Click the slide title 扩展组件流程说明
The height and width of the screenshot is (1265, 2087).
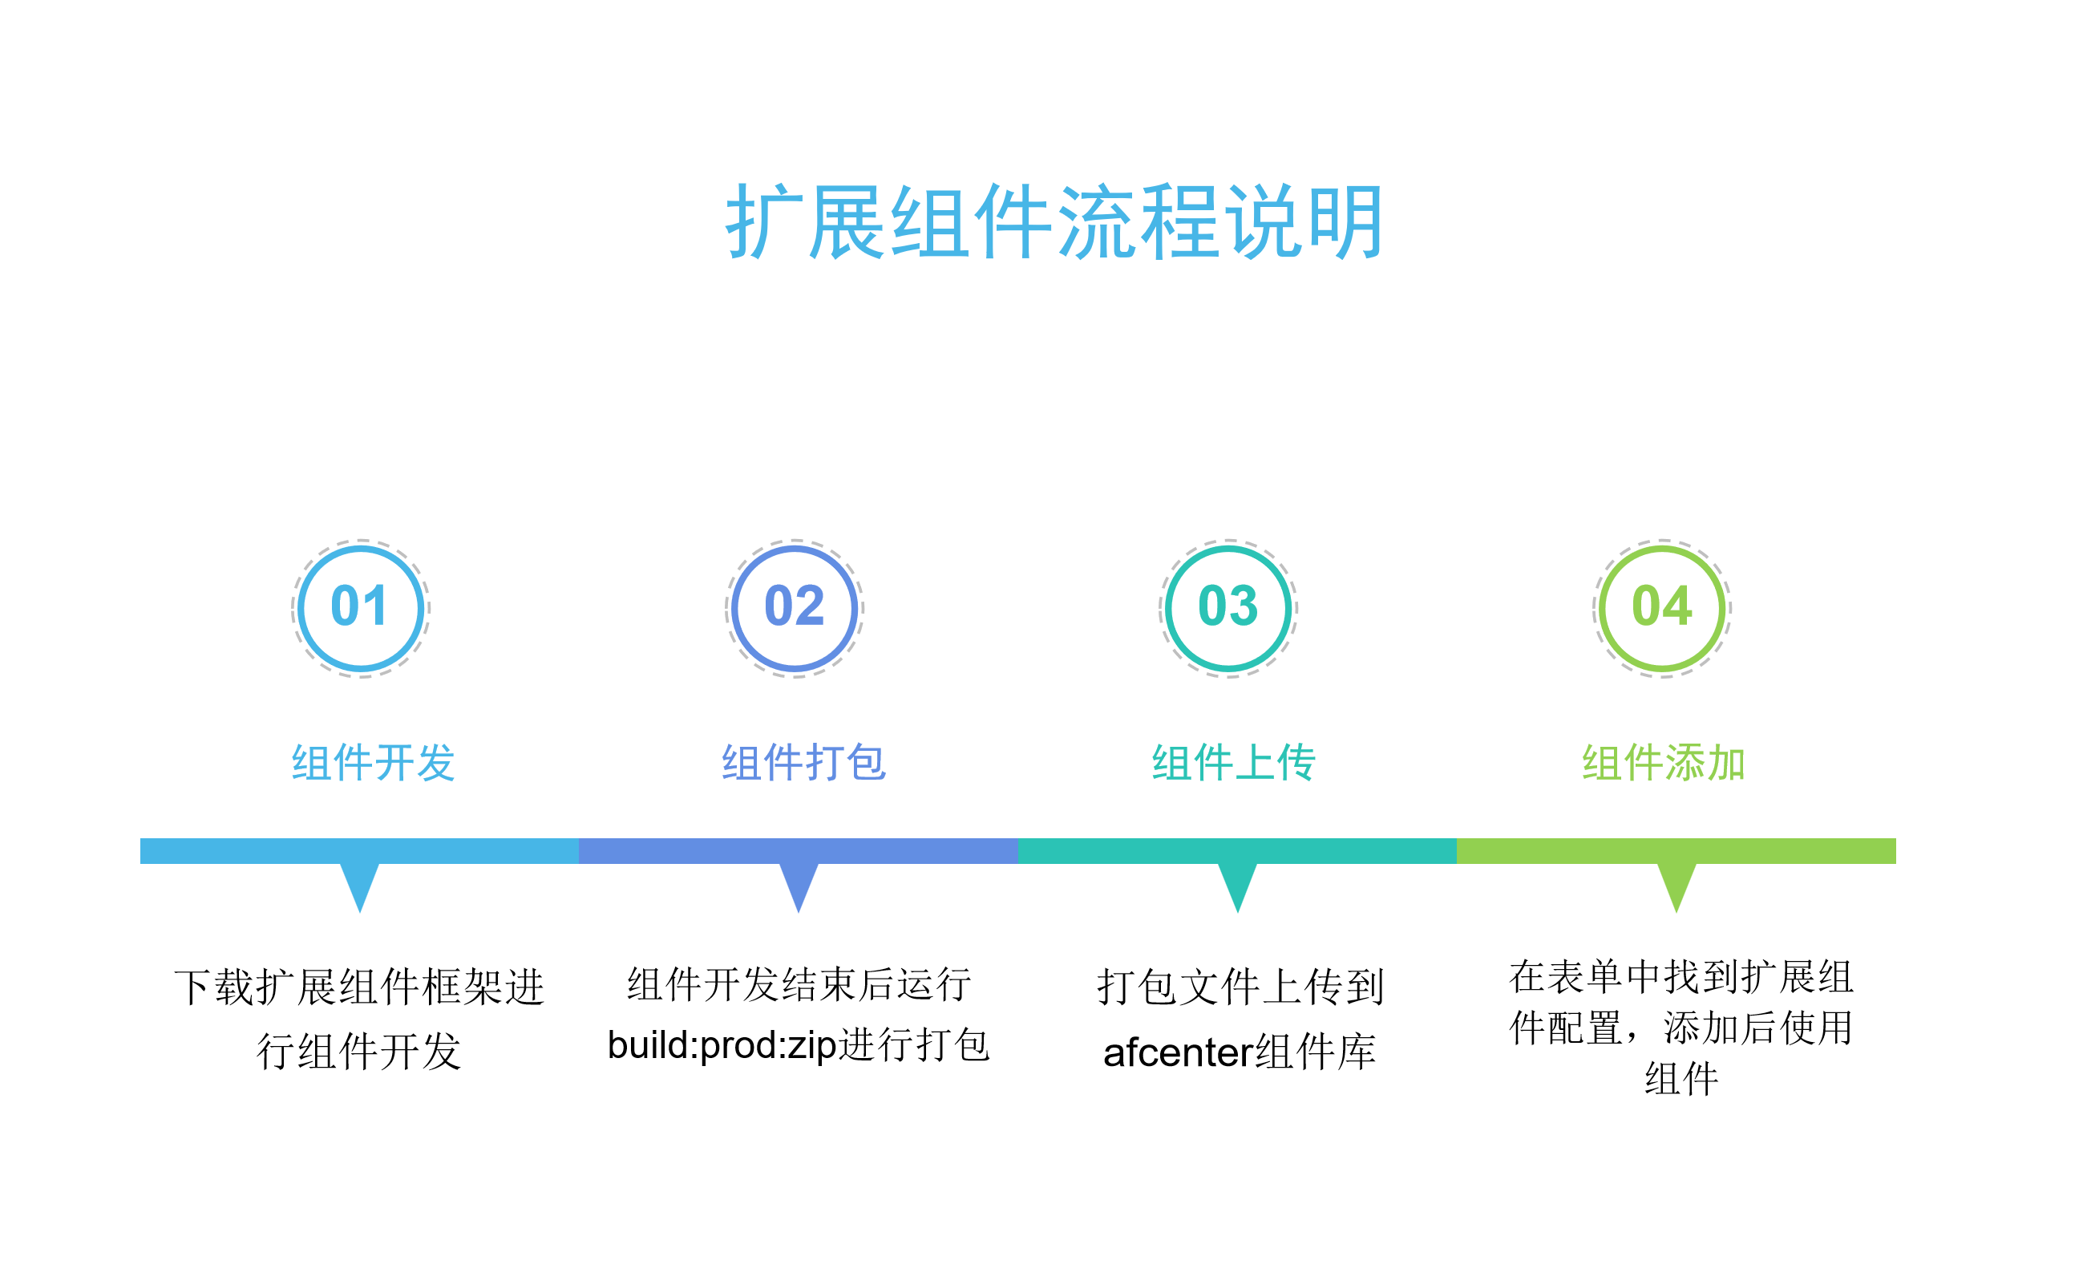(x=1055, y=222)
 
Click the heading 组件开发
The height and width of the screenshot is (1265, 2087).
(x=374, y=763)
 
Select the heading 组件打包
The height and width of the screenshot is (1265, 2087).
(x=804, y=763)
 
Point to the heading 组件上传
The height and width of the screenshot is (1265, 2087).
(x=1234, y=763)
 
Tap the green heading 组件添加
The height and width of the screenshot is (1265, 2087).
(x=1664, y=763)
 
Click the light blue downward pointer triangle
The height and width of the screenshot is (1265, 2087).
(x=360, y=885)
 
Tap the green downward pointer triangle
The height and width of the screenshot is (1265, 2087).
(x=1676, y=885)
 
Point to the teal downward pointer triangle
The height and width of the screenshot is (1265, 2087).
(x=1237, y=885)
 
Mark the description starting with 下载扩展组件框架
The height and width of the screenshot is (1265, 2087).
(x=359, y=1020)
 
